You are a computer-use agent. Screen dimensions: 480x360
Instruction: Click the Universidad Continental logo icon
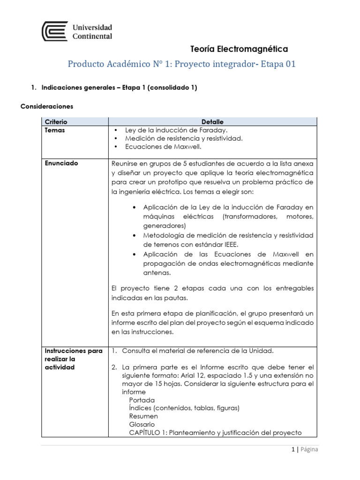(54, 31)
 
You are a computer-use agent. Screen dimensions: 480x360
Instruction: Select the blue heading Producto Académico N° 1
(182, 64)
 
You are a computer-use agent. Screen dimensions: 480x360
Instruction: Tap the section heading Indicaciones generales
(119, 87)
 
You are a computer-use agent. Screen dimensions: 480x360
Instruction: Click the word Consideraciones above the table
(47, 106)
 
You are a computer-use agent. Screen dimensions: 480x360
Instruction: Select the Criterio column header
(56, 122)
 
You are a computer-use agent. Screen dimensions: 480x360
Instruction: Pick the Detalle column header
(212, 122)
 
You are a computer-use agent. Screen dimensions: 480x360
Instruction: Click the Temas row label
(55, 130)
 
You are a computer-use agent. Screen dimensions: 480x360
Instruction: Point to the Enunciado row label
(61, 164)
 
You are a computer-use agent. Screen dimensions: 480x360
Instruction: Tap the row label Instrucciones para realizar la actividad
(73, 359)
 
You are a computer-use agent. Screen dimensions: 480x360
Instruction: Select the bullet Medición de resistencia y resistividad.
(184, 139)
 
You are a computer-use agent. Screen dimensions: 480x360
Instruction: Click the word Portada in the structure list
(142, 400)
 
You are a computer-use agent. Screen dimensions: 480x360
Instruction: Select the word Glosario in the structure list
(142, 424)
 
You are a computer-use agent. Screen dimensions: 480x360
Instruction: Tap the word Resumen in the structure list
(143, 416)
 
